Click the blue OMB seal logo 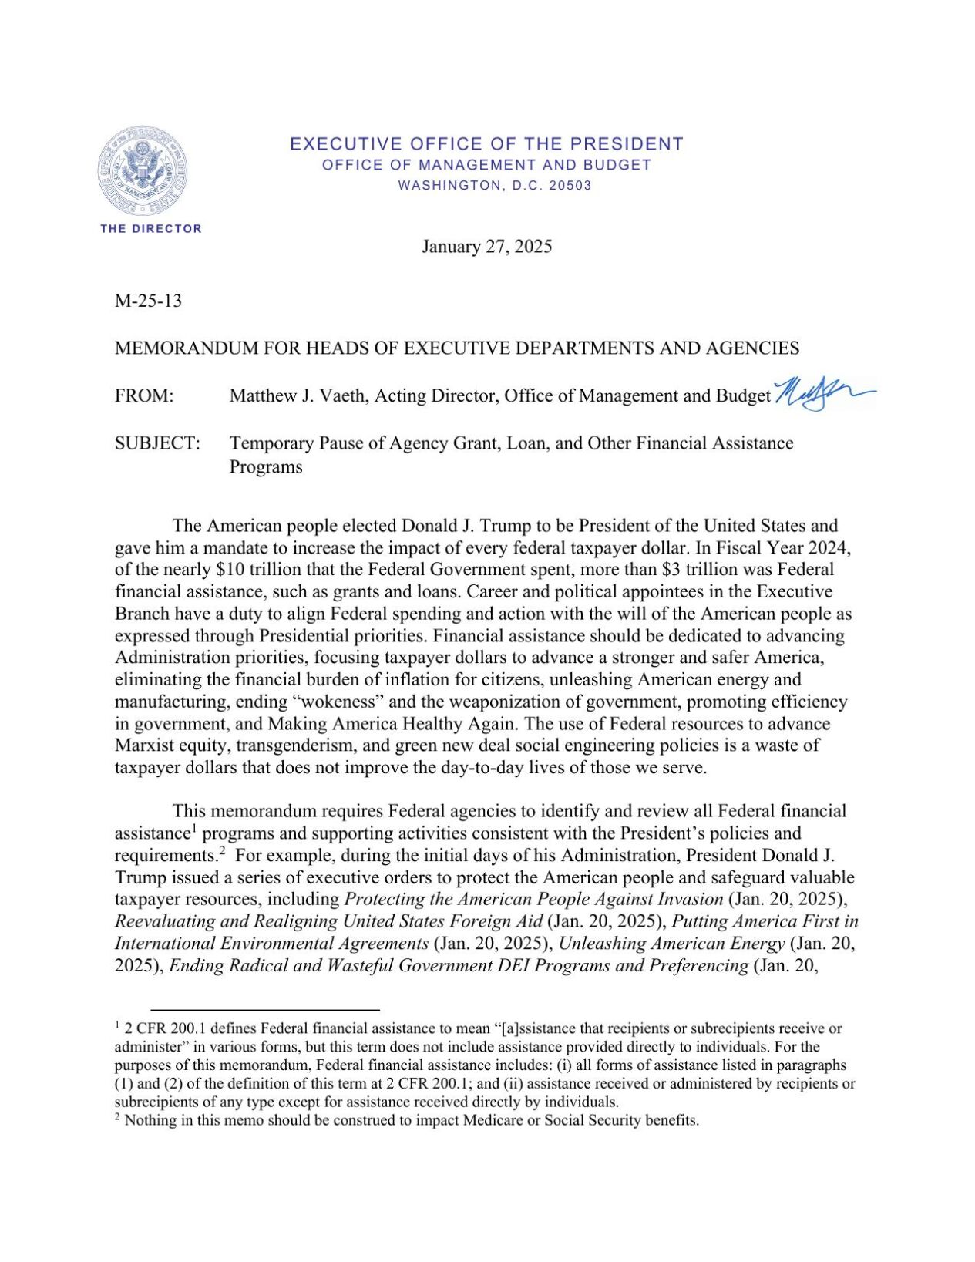tap(142, 170)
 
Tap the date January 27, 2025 tap(486, 247)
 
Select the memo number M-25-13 tap(148, 301)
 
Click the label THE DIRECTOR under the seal tap(151, 229)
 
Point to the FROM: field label tap(144, 396)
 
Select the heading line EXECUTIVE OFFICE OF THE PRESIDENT tap(486, 144)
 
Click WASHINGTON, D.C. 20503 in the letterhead tap(494, 186)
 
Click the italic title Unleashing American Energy tap(671, 944)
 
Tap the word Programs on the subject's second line tap(265, 467)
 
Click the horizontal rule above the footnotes tap(264, 1009)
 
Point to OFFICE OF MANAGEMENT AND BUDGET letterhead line tap(486, 165)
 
